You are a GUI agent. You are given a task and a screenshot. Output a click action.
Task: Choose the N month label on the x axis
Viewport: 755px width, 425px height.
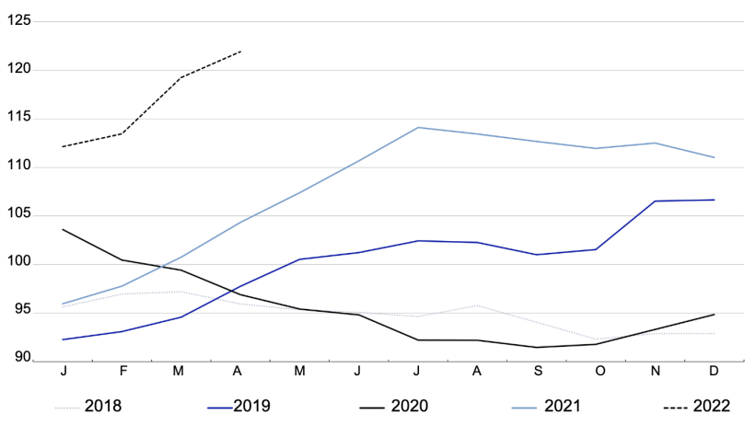point(655,372)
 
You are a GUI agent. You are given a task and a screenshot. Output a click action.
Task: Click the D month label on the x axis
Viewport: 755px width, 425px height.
point(714,372)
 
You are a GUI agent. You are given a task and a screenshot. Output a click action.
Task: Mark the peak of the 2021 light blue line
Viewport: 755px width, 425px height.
point(419,127)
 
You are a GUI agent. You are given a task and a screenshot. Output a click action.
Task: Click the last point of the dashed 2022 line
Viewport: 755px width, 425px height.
point(241,52)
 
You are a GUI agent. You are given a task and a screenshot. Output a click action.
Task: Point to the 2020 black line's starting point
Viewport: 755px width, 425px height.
point(63,229)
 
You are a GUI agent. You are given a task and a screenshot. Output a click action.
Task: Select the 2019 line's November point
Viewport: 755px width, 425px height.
point(655,201)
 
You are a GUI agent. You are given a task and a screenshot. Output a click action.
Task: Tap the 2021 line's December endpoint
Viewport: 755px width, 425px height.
point(714,157)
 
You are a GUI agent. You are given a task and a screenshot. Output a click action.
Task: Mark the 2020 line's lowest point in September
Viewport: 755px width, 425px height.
point(537,347)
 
